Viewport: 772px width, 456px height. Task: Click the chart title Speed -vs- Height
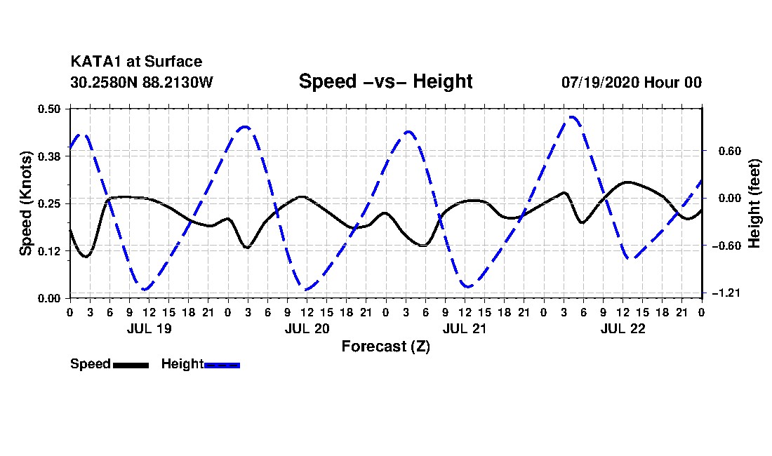pyautogui.click(x=385, y=81)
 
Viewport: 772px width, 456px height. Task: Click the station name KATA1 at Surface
pyautogui.click(x=136, y=62)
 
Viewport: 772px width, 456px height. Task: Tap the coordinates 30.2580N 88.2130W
pyautogui.click(x=142, y=82)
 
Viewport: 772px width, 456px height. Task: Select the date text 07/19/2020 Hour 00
pyautogui.click(x=632, y=82)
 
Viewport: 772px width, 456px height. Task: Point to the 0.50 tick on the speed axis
pyautogui.click(x=48, y=109)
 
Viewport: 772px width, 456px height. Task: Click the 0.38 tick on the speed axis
pyautogui.click(x=48, y=156)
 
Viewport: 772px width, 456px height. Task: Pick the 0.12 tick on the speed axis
pyautogui.click(x=48, y=251)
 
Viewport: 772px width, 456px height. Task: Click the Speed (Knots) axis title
pyautogui.click(x=25, y=203)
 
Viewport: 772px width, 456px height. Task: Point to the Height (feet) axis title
pyautogui.click(x=754, y=203)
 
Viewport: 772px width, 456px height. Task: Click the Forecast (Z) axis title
pyautogui.click(x=386, y=347)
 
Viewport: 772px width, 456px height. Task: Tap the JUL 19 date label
pyautogui.click(x=149, y=328)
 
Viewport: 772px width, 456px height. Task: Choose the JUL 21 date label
pyautogui.click(x=465, y=328)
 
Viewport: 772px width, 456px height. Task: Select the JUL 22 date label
pyautogui.click(x=623, y=328)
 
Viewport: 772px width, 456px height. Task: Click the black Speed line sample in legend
pyautogui.click(x=131, y=365)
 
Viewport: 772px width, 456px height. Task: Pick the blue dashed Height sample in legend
pyautogui.click(x=222, y=365)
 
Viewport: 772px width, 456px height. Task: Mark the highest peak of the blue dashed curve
pyautogui.click(x=571, y=117)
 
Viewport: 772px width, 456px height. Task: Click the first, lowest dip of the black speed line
pyautogui.click(x=86, y=256)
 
